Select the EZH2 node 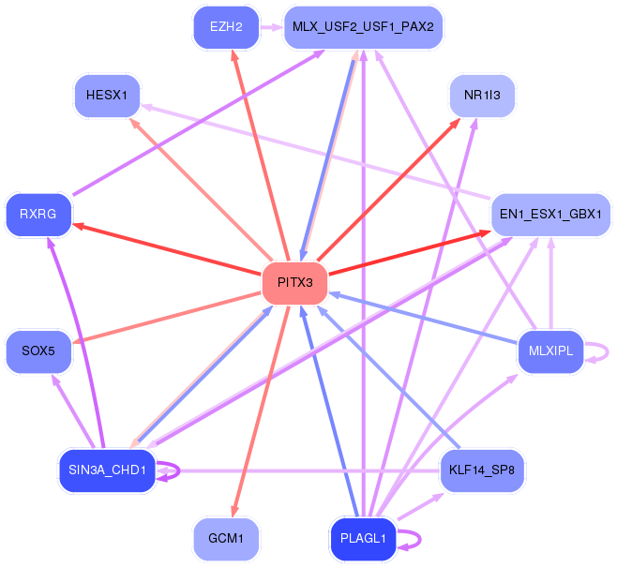click(x=226, y=27)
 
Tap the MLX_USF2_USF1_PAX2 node click(x=362, y=27)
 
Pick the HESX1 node click(x=108, y=95)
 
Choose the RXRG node click(x=38, y=215)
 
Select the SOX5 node click(x=38, y=351)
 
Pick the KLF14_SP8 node click(x=482, y=470)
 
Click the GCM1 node click(x=226, y=539)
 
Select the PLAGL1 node click(x=363, y=539)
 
